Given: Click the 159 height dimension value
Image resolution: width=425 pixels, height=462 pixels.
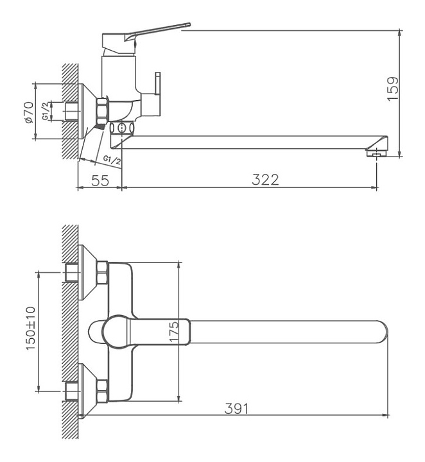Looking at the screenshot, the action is click(393, 89).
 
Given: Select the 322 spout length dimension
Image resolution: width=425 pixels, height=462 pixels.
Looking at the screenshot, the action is click(265, 180).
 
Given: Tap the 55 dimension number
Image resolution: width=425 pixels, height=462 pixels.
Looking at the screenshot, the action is click(100, 180).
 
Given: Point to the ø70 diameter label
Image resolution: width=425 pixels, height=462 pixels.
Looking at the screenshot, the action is click(29, 112).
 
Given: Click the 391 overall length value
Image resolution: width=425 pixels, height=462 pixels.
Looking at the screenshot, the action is click(236, 408).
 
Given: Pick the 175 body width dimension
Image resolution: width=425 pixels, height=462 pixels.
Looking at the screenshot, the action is click(174, 332).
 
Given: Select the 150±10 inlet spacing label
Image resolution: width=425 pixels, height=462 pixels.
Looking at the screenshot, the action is click(31, 329).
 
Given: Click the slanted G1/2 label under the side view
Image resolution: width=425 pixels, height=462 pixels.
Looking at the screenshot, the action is click(112, 160).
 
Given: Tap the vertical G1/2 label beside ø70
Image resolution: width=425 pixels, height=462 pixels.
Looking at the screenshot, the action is click(46, 111).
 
